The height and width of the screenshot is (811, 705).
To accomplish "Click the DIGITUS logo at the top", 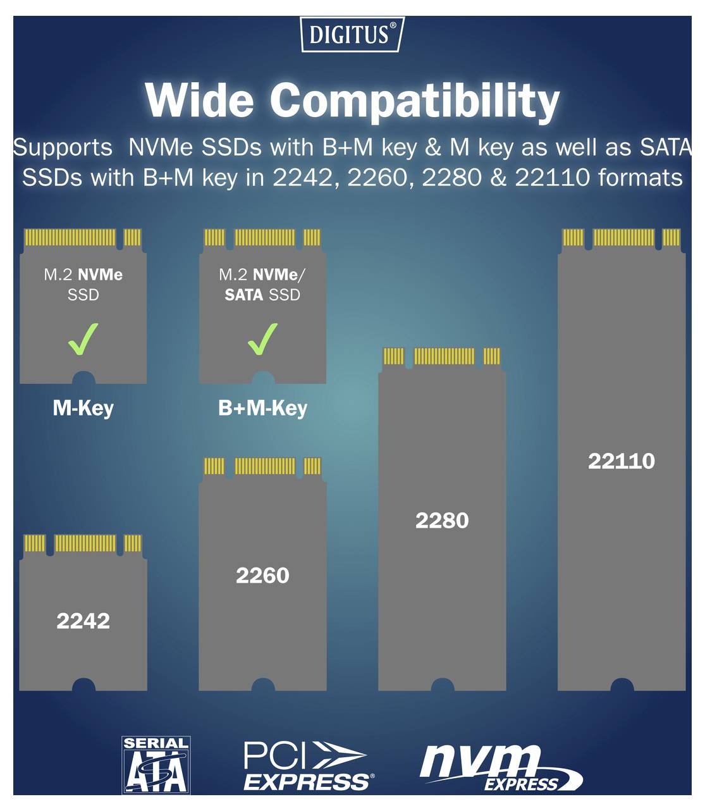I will click(352, 34).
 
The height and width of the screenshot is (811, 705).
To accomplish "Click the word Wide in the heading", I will click(199, 101).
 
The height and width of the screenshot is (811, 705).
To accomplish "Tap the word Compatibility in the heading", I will click(415, 102).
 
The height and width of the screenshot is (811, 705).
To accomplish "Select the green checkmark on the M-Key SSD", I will click(83, 338).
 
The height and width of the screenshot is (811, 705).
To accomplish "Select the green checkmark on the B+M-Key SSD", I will click(262, 338).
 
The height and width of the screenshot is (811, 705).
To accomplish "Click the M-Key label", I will click(83, 408).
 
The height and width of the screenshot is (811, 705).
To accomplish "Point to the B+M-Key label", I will click(262, 408).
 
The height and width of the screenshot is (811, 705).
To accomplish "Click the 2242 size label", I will click(83, 621).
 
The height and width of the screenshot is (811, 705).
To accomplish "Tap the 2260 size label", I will click(262, 575).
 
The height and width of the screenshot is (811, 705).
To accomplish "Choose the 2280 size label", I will click(442, 520).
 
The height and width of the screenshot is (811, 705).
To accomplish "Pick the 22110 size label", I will click(622, 461).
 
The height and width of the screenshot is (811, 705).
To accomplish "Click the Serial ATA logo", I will click(156, 765).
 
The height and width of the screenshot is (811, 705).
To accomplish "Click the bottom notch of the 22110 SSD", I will click(622, 685).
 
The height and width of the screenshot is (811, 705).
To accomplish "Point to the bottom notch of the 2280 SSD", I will click(443, 685).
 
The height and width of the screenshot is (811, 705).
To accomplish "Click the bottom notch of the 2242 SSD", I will click(83, 685).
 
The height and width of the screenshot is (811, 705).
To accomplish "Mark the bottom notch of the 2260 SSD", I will click(263, 685).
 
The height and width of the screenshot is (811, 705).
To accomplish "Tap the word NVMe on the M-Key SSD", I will click(100, 275).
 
